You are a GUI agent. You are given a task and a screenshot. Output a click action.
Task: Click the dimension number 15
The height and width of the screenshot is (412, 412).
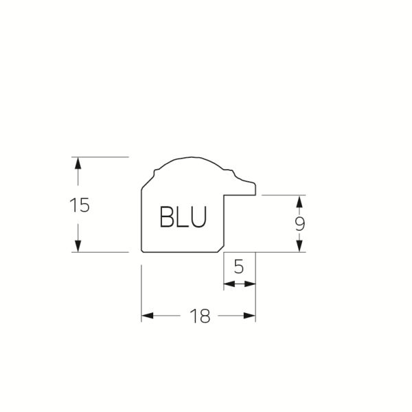80,205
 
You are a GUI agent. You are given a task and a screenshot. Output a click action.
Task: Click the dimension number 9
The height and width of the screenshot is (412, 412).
299,224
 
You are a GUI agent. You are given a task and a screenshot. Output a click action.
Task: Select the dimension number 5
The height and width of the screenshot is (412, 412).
239,266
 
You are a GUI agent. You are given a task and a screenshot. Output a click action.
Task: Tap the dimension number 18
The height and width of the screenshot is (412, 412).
200,316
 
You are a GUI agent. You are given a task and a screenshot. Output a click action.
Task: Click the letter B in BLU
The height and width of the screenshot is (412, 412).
166,216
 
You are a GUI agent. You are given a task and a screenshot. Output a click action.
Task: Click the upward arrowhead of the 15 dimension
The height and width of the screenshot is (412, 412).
78,163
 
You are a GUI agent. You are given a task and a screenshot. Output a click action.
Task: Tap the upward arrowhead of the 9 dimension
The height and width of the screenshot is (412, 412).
299,201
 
